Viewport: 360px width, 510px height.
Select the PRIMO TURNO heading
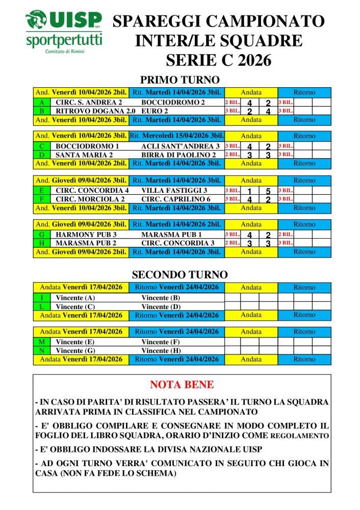click(x=179, y=80)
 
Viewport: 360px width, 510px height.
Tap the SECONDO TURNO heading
click(x=179, y=275)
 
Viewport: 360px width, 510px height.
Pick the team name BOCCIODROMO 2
click(x=166, y=103)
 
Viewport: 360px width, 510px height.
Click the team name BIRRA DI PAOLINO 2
click(x=178, y=155)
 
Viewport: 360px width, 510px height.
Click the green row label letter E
click(x=41, y=190)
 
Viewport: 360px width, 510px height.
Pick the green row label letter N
click(x=41, y=351)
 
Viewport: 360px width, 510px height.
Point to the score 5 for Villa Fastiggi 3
click(x=268, y=191)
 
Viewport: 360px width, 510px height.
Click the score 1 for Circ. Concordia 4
click(x=250, y=191)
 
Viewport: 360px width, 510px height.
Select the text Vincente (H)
click(x=161, y=351)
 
